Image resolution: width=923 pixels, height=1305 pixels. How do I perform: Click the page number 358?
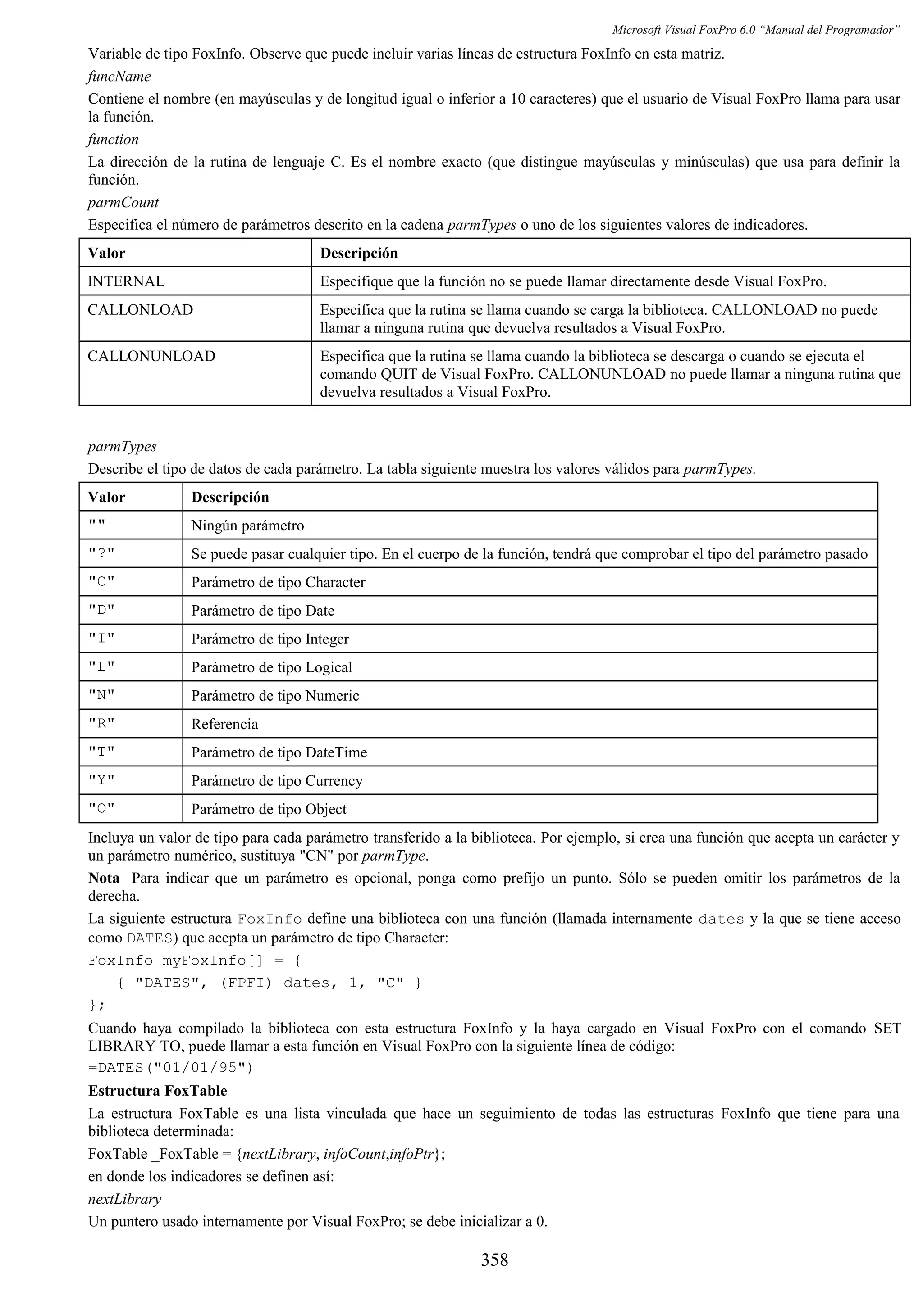pyautogui.click(x=494, y=1260)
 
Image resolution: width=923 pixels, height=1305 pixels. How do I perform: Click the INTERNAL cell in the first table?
pyautogui.click(x=126, y=281)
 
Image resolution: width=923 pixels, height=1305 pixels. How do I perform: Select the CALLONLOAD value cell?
pyautogui.click(x=141, y=310)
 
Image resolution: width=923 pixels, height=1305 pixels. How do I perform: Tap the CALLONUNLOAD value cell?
pyautogui.click(x=151, y=356)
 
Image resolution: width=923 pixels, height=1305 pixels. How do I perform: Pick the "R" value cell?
pyautogui.click(x=101, y=724)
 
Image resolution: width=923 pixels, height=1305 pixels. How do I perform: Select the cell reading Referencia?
pyautogui.click(x=224, y=724)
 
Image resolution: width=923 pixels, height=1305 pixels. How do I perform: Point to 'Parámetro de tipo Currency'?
pyautogui.click(x=277, y=781)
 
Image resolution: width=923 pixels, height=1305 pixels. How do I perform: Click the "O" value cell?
pyautogui.click(x=101, y=809)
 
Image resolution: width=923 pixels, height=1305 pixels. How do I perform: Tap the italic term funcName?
pyautogui.click(x=119, y=77)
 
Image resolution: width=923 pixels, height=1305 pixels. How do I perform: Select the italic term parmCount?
pyautogui.click(x=123, y=202)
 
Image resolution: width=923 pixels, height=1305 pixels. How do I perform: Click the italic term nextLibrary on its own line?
pyautogui.click(x=124, y=1199)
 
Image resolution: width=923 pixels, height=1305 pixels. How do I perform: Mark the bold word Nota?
pyautogui.click(x=104, y=878)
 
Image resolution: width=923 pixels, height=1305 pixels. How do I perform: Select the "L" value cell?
pyautogui.click(x=101, y=667)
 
